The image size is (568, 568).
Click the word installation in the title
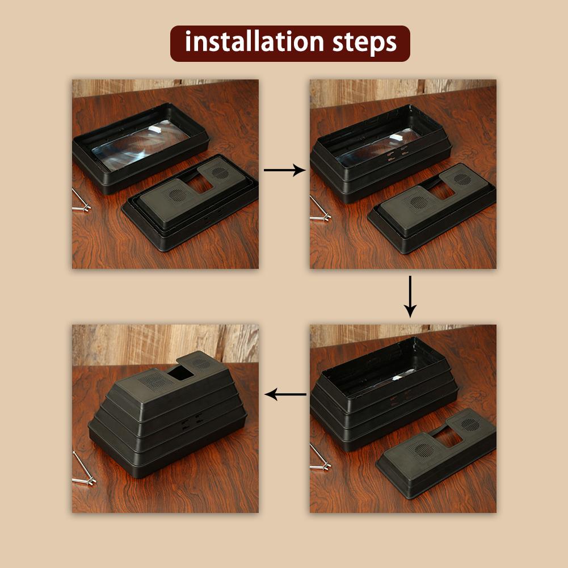tap(255, 43)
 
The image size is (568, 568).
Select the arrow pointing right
tap(284, 170)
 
